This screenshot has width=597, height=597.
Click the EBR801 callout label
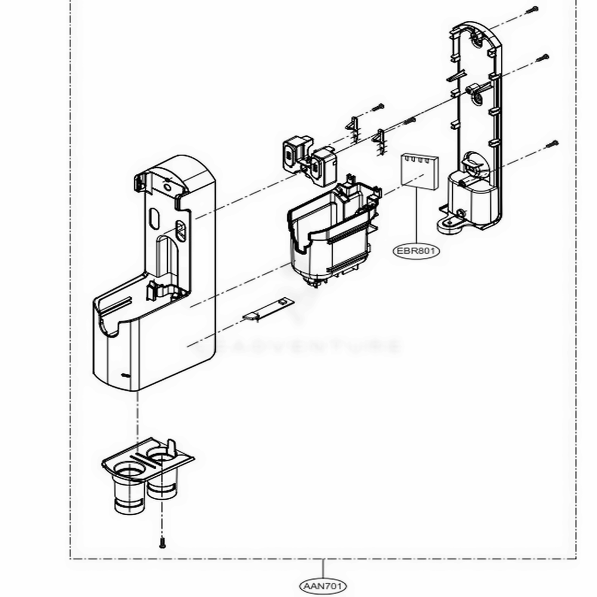416,251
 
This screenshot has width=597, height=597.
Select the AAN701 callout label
323,586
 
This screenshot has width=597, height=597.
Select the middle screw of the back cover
544,57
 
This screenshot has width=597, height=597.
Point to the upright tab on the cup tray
172,446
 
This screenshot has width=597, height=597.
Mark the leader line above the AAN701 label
323,568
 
